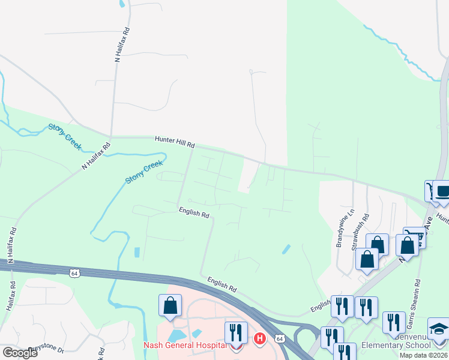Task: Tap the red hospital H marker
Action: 260,339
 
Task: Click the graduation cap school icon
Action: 438,328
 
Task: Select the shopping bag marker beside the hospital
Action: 170,305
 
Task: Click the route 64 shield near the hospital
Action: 280,338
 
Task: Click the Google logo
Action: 19,353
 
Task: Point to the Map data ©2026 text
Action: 423,355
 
